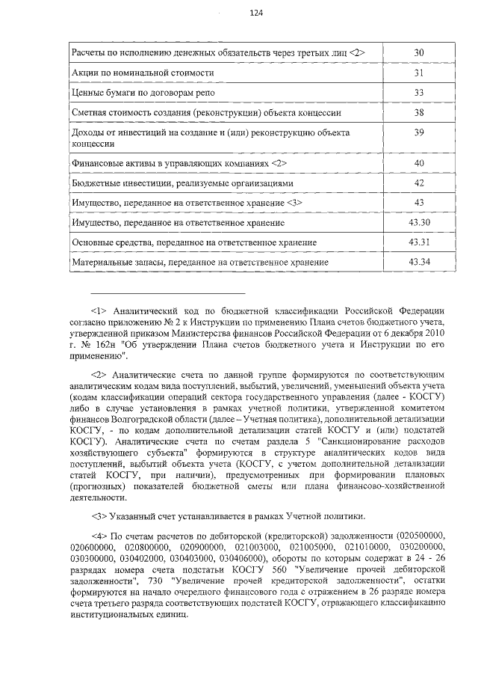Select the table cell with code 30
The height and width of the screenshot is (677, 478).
coord(418,52)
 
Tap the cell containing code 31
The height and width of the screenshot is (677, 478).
coord(418,73)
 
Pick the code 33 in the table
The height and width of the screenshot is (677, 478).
coord(418,93)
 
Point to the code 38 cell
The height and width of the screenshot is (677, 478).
coord(418,113)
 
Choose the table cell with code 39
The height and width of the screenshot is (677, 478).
coord(418,132)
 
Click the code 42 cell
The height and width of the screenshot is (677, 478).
coord(418,183)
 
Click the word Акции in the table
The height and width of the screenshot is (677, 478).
coord(85,73)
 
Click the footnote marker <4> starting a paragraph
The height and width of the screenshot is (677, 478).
coord(100,536)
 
